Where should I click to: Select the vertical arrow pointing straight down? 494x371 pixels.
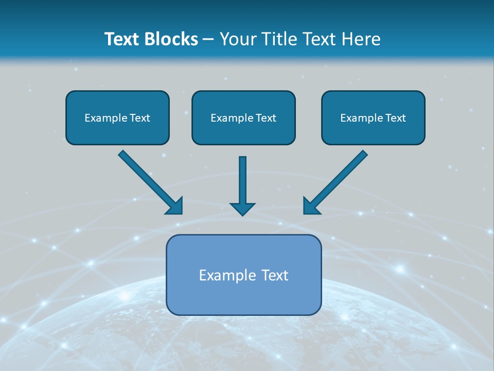(x=242, y=180)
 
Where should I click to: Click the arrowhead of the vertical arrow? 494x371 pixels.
(x=242, y=209)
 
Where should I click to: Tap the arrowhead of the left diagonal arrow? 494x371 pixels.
(x=175, y=206)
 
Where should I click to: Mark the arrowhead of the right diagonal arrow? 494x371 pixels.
(x=311, y=206)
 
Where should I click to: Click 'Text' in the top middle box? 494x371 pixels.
(x=266, y=118)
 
